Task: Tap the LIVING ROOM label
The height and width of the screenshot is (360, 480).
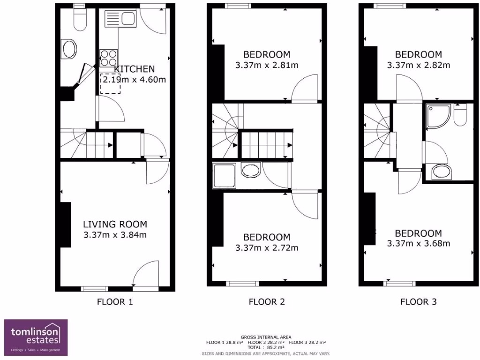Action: [x=115, y=225]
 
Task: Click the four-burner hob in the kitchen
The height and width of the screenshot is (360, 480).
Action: [x=108, y=58]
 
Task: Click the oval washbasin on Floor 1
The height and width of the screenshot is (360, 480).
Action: [x=69, y=49]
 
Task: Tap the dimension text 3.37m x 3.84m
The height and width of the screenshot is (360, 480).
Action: [x=115, y=235]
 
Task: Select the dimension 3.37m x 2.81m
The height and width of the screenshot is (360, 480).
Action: [x=267, y=65]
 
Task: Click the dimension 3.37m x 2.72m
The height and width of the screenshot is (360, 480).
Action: [x=267, y=247]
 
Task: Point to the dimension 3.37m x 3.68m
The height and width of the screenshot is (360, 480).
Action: [x=419, y=243]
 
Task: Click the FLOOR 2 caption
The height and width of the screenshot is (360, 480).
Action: [x=267, y=302]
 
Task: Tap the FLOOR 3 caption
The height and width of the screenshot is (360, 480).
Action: [x=419, y=302]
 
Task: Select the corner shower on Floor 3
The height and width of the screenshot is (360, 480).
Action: [x=438, y=116]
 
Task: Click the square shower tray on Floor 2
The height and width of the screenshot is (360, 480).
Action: [x=224, y=176]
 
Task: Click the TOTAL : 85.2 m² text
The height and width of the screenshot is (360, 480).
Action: [x=266, y=348]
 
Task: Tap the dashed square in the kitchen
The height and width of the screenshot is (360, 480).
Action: [x=110, y=83]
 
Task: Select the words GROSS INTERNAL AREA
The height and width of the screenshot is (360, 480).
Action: [x=266, y=337]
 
